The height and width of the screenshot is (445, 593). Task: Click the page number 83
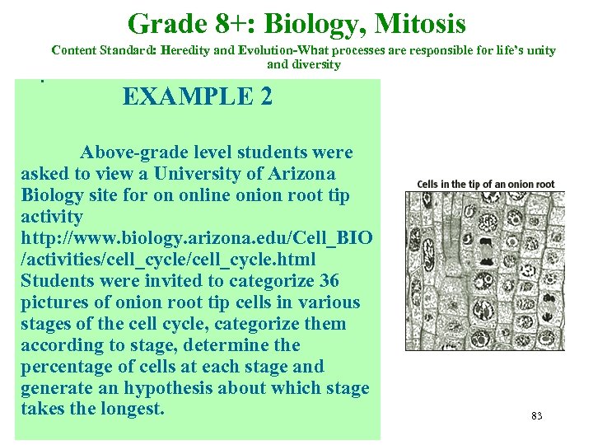536,416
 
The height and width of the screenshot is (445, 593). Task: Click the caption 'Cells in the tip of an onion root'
486,184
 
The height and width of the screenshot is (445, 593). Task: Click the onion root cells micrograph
485,270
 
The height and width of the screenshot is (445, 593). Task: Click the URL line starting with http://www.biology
196,238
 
